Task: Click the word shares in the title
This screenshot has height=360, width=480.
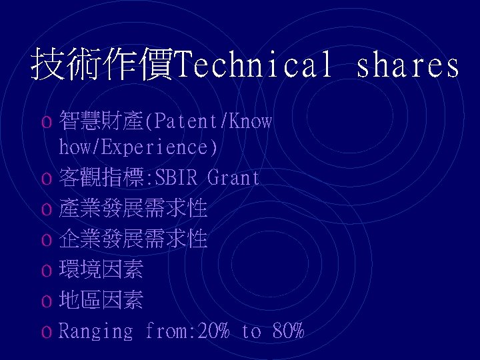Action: pyautogui.click(x=408, y=65)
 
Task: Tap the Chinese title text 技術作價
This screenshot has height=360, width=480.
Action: pyautogui.click(x=101, y=65)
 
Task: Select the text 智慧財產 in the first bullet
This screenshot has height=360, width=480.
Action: pyautogui.click(x=101, y=121)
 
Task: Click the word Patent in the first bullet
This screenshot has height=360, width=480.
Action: pyautogui.click(x=187, y=121)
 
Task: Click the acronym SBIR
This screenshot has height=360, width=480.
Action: pyautogui.click(x=178, y=177)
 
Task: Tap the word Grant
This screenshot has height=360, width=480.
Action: pyautogui.click(x=234, y=177)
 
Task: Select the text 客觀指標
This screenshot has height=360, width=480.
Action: pyautogui.click(x=101, y=177)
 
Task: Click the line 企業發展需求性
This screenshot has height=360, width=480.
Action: pyautogui.click(x=133, y=239)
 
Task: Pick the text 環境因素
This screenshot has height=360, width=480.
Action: pyautogui.click(x=101, y=270)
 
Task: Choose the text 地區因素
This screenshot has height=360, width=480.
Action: pyautogui.click(x=101, y=300)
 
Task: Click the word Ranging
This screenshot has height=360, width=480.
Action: pyautogui.click(x=96, y=331)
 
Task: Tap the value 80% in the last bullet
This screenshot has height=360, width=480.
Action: pyautogui.click(x=288, y=331)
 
